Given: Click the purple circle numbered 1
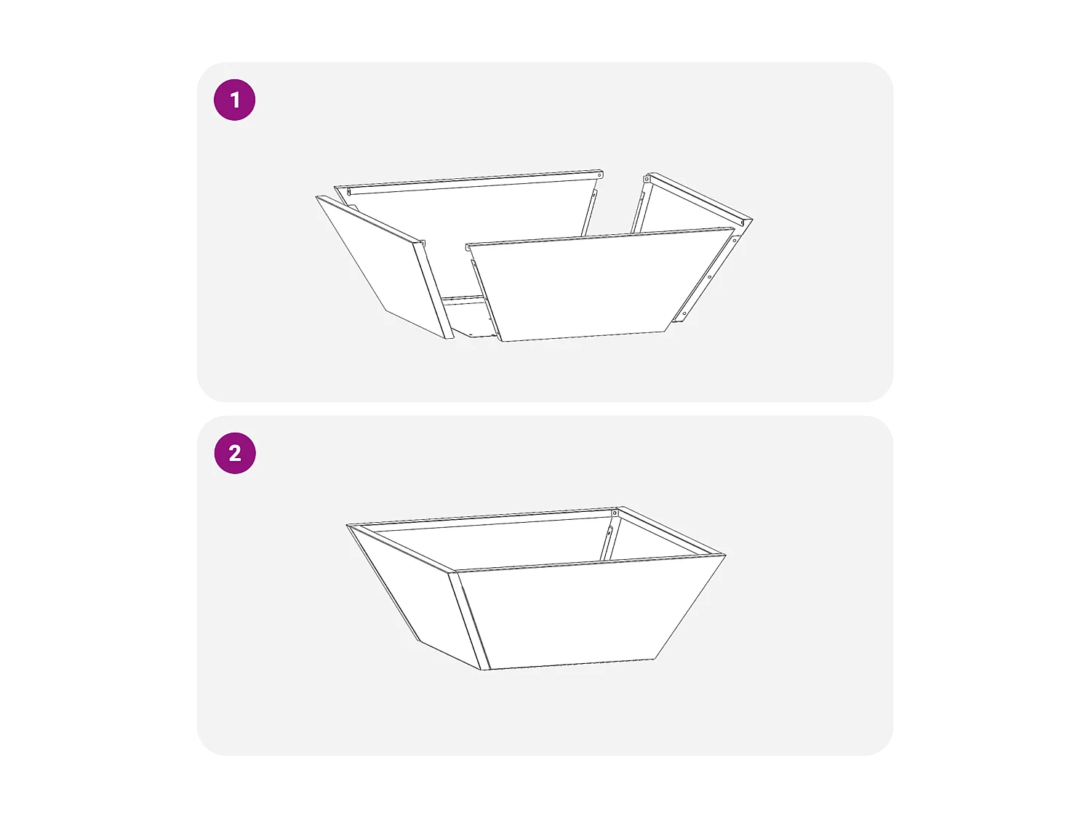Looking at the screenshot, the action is click(235, 100).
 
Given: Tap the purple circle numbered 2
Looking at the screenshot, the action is click(235, 453).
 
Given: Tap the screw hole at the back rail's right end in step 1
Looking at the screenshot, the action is click(600, 175).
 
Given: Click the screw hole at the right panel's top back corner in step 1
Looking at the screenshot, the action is click(647, 179).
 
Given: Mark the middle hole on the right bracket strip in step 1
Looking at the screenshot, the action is click(709, 277).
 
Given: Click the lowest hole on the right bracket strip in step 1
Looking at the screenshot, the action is click(684, 313).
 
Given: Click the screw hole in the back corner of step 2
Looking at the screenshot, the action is click(615, 513).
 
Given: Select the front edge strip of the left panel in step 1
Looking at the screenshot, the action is click(433, 290).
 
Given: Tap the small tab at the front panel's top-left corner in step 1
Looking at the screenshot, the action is click(468, 246).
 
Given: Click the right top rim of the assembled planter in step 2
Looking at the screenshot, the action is click(671, 531).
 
